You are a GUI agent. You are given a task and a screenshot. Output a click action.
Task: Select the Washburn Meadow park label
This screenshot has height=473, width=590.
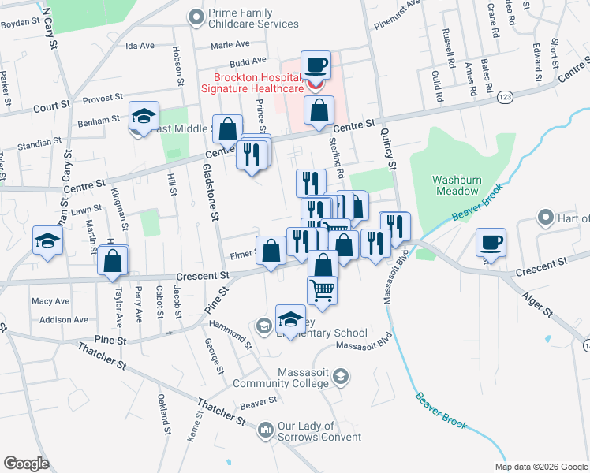pyautogui.click(x=456, y=185)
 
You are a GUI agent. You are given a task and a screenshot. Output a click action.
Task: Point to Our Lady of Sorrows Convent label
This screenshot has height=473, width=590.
pyautogui.click(x=316, y=431)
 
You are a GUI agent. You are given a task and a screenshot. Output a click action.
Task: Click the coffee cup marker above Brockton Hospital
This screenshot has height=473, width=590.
pyautogui.click(x=316, y=65)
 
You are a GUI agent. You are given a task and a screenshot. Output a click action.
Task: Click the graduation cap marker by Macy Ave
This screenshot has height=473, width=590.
pyautogui.click(x=47, y=241)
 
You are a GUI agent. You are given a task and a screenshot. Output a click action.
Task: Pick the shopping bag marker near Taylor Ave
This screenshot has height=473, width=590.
pyautogui.click(x=113, y=260)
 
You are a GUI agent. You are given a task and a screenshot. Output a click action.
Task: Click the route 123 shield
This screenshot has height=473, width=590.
pyautogui.click(x=506, y=96)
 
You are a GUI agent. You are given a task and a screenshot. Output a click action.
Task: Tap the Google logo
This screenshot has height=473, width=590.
pyautogui.click(x=26, y=463)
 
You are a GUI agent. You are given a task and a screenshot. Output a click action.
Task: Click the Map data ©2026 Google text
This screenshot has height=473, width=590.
pyautogui.click(x=540, y=467)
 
